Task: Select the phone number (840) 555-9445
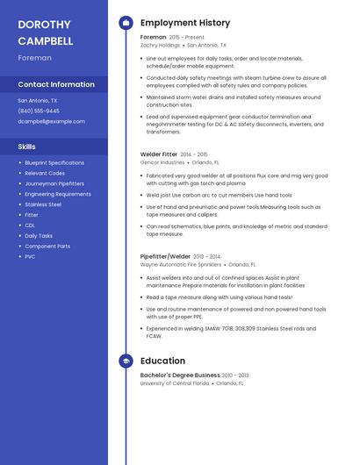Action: (39, 111)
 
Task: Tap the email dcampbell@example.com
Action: (52, 122)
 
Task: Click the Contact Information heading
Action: (56, 84)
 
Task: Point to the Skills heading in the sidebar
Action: (27, 147)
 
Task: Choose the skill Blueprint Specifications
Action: (54, 162)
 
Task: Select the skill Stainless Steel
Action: (43, 204)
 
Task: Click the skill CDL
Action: (31, 225)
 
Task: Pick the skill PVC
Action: (31, 257)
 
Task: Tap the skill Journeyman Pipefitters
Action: (54, 183)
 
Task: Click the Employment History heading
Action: (185, 23)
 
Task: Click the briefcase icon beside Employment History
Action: (126, 23)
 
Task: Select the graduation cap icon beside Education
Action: (126, 361)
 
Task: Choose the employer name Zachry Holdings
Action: (160, 45)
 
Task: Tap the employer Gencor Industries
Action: (162, 162)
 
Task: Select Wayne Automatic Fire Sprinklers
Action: (180, 264)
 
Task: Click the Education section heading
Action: (162, 361)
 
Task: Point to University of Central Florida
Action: (175, 383)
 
